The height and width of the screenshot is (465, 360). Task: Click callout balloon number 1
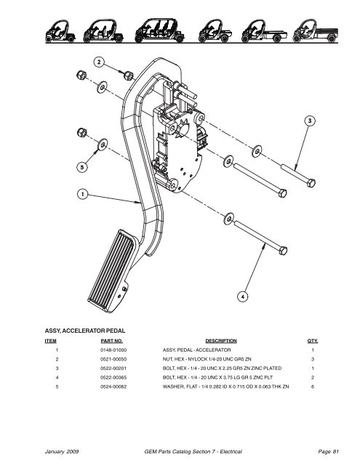[84, 194]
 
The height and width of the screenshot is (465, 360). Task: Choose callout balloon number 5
[84, 166]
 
